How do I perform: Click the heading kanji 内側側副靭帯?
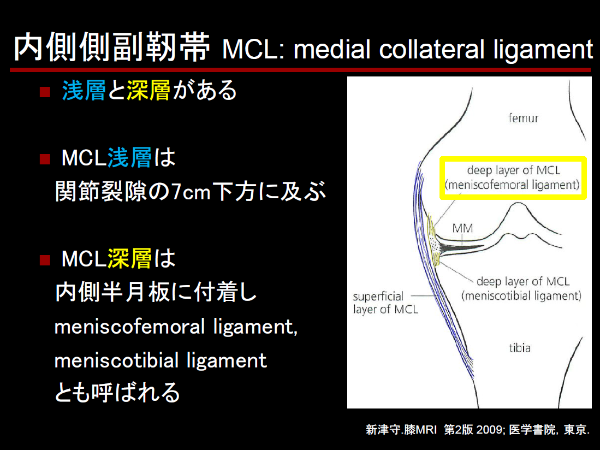click(x=112, y=48)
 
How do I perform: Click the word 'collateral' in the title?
click(x=432, y=50)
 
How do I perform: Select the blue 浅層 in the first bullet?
click(x=84, y=90)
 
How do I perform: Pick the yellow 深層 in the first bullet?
click(x=148, y=90)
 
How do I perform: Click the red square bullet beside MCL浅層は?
click(x=45, y=159)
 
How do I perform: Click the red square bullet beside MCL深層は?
click(x=45, y=260)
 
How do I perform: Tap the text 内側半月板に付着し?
click(x=156, y=292)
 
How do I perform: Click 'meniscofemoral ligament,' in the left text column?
click(x=176, y=327)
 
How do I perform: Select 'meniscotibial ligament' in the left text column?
click(x=161, y=360)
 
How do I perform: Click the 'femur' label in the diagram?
click(x=523, y=118)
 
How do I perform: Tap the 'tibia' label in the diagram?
click(x=520, y=348)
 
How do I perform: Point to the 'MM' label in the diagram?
click(x=462, y=228)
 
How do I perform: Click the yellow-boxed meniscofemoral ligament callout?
click(x=513, y=178)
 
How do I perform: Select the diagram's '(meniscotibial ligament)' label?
click(x=521, y=296)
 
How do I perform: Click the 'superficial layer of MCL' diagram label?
click(x=385, y=303)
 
